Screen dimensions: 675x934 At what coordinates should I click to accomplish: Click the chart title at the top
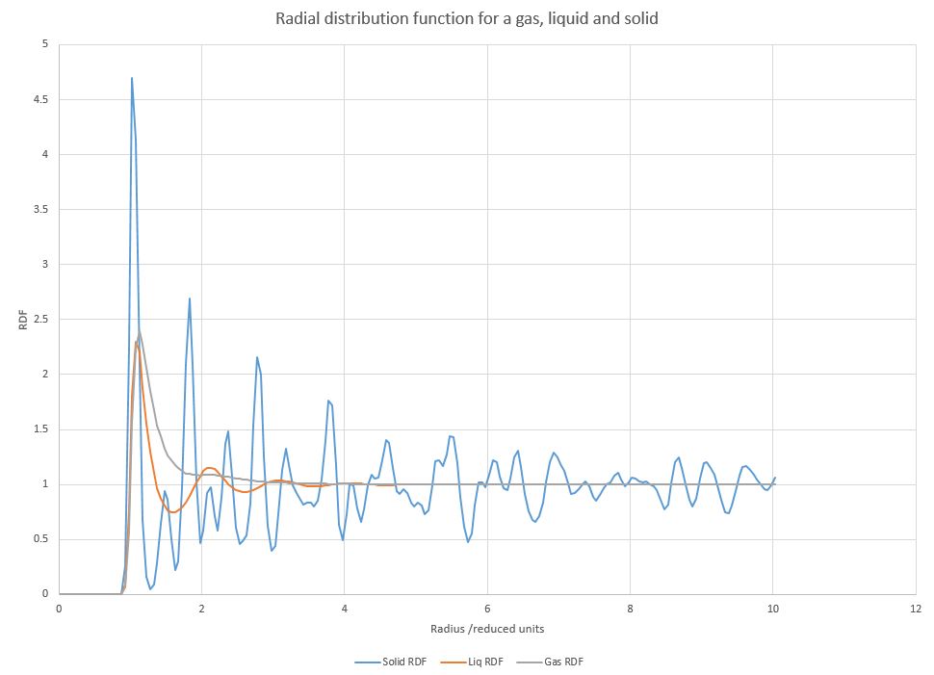pyautogui.click(x=467, y=18)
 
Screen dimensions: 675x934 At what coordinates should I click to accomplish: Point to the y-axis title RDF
pyautogui.click(x=24, y=319)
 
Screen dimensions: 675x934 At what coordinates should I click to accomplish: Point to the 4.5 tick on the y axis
pyautogui.click(x=45, y=99)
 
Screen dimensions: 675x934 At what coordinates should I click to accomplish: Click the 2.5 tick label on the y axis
pyautogui.click(x=45, y=319)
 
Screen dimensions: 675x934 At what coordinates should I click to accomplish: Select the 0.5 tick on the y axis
pyautogui.click(x=45, y=539)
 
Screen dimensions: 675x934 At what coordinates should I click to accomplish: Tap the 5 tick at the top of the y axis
pyautogui.click(x=49, y=44)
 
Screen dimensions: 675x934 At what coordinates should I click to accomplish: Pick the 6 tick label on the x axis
pyautogui.click(x=487, y=609)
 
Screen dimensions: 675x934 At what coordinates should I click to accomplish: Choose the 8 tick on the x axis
pyautogui.click(x=630, y=609)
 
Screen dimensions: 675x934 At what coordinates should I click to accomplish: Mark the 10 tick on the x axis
pyautogui.click(x=772, y=609)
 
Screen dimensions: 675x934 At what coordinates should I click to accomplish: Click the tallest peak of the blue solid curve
pyautogui.click(x=132, y=78)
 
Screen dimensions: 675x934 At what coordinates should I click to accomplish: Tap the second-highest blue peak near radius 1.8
pyautogui.click(x=190, y=299)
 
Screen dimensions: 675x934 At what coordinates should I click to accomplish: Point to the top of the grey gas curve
pyautogui.click(x=140, y=332)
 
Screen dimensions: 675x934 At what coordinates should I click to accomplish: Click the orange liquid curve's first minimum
pyautogui.click(x=172, y=511)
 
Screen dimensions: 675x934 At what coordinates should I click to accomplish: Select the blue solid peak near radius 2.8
pyautogui.click(x=257, y=357)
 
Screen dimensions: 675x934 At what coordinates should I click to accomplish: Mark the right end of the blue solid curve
pyautogui.click(x=774, y=478)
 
